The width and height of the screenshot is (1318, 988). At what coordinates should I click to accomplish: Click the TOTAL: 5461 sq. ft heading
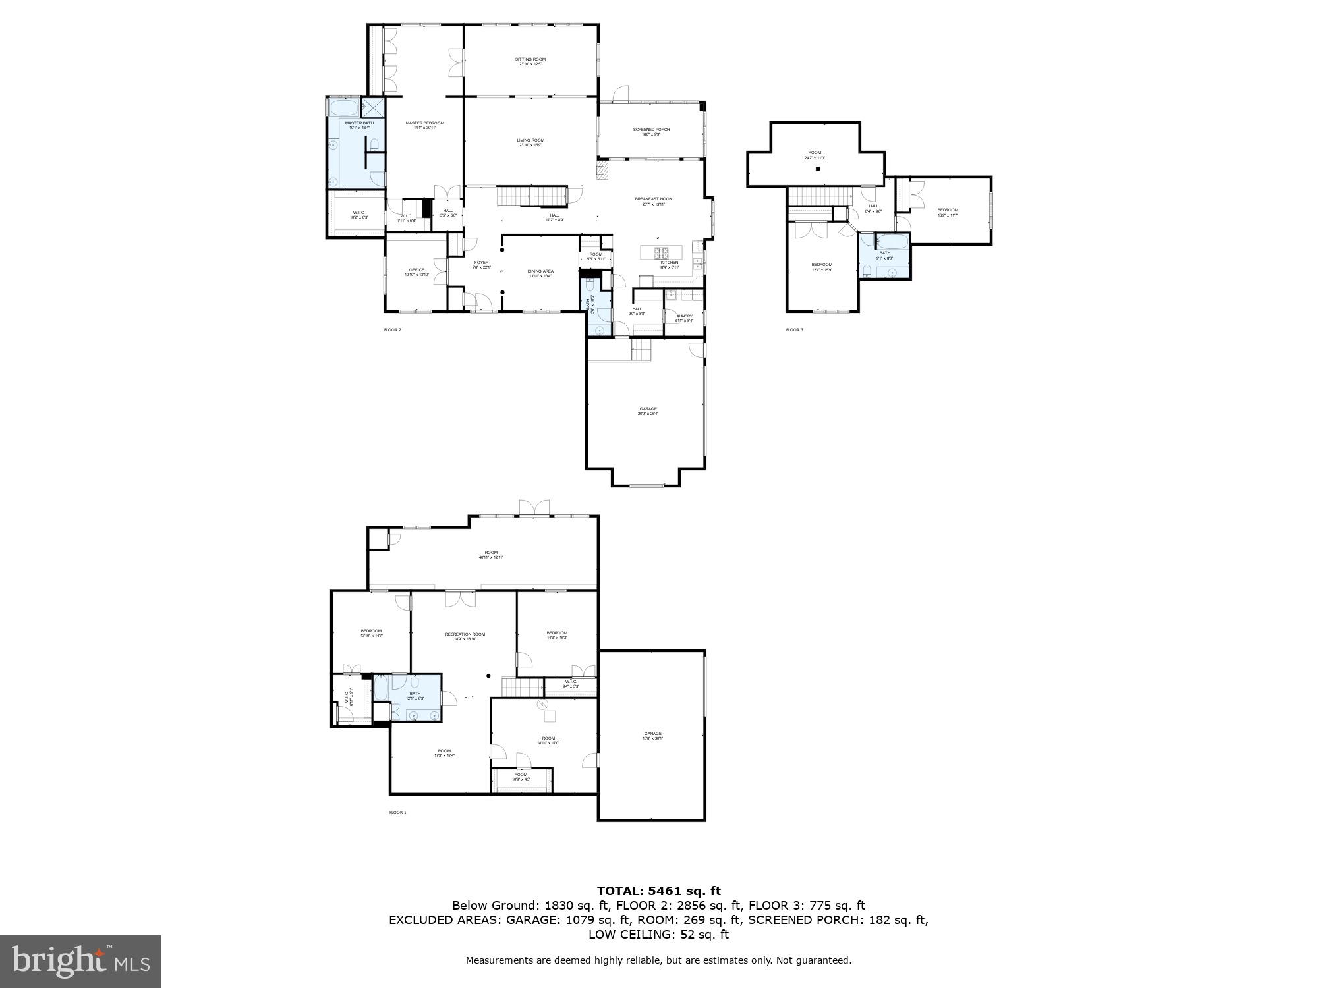[x=658, y=891]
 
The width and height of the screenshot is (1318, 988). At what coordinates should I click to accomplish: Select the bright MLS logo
[x=80, y=961]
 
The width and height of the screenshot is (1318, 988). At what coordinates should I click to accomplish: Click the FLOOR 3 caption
[x=794, y=329]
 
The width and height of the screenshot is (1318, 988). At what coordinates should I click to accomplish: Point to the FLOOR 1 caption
[x=397, y=813]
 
